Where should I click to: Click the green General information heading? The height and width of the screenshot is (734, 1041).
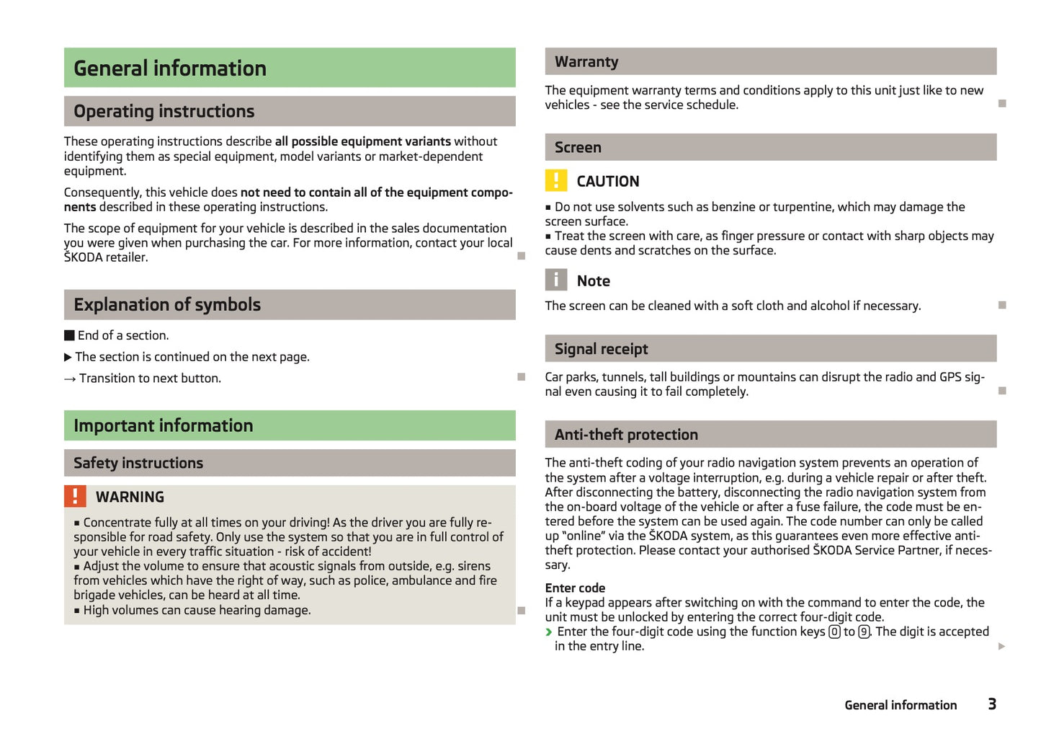click(x=170, y=68)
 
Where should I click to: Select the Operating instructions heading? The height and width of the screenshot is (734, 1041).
click(x=164, y=112)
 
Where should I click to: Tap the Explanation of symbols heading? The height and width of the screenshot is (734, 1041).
click(x=167, y=305)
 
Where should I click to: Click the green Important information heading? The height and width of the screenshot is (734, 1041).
click(x=164, y=426)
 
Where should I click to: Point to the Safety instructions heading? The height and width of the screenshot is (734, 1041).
click(x=138, y=463)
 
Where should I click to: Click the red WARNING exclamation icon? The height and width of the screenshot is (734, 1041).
click(x=75, y=496)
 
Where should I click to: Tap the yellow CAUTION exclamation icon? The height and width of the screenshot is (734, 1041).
click(x=556, y=180)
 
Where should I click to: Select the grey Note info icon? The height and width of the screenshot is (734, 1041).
click(x=556, y=280)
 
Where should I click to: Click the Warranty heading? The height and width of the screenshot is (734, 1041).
click(x=586, y=62)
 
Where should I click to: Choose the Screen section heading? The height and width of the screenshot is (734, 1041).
click(x=578, y=148)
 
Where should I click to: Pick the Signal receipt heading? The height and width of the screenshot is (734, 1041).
click(x=602, y=349)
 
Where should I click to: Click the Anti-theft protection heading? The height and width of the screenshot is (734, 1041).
click(x=626, y=435)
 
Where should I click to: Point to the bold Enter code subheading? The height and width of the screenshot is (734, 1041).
click(x=575, y=588)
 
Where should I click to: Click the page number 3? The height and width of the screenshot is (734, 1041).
click(x=992, y=704)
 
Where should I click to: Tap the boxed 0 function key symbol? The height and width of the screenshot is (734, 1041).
click(x=834, y=632)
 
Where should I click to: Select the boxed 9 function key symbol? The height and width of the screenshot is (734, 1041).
click(x=864, y=632)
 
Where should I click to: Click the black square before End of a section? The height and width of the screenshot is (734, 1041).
click(x=69, y=335)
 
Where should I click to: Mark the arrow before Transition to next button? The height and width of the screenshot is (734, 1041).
click(x=70, y=379)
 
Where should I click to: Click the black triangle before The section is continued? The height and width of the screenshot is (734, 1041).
click(x=68, y=357)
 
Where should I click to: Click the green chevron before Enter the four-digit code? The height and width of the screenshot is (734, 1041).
click(x=549, y=632)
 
